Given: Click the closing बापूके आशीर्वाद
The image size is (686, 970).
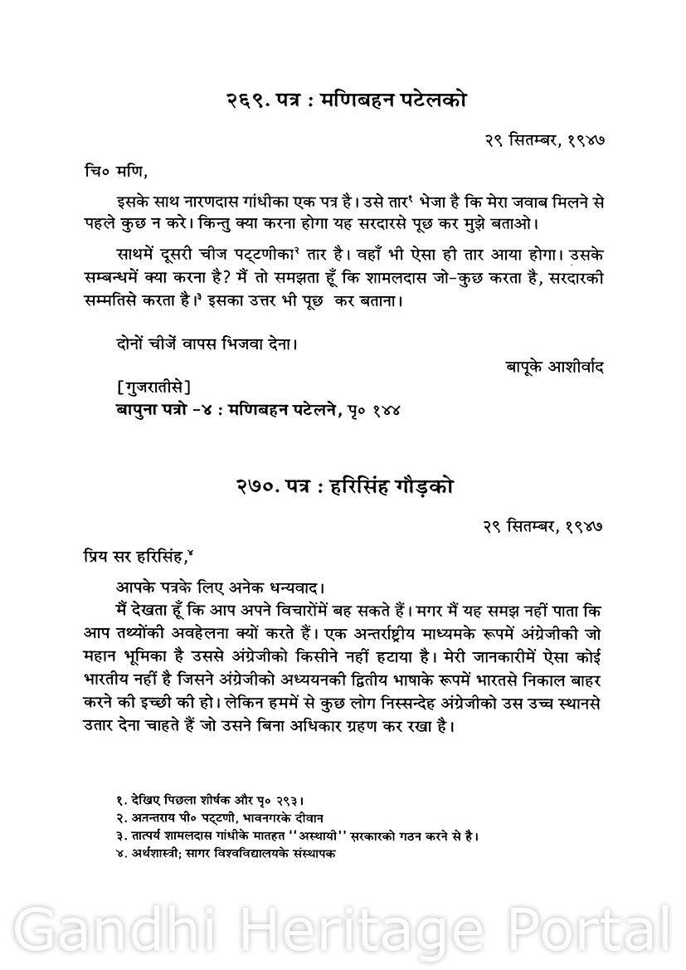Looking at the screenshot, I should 553,366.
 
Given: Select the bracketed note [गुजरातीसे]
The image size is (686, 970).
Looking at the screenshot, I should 154,387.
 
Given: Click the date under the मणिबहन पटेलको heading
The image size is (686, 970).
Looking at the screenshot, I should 544,141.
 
